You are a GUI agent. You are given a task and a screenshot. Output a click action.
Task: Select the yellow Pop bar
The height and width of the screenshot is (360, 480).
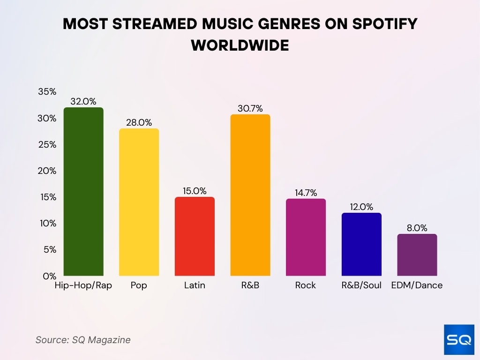139,202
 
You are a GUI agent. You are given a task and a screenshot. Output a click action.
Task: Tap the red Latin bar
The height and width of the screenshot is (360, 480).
195,236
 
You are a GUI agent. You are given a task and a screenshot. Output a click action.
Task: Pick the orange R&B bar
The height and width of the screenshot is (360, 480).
250,195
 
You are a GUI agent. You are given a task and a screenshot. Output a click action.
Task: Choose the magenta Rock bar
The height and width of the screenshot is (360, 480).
306,237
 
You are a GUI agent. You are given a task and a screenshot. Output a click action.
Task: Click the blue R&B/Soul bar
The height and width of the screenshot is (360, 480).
361,244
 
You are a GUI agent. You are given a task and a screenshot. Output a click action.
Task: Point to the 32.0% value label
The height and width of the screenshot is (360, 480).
83,101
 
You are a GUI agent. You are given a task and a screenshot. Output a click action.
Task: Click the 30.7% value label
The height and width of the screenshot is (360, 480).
250,108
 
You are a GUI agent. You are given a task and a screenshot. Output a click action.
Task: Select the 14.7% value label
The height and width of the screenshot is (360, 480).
306,192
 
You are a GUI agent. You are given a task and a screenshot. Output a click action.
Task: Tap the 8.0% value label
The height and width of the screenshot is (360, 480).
417,228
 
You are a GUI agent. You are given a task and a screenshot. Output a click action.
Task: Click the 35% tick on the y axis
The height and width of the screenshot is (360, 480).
47,92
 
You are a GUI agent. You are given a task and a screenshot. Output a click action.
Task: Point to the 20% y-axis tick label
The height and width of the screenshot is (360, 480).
47,171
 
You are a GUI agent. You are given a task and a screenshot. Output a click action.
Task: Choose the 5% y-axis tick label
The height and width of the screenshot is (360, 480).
50,249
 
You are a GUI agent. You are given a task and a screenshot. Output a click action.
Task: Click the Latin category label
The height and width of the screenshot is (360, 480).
195,285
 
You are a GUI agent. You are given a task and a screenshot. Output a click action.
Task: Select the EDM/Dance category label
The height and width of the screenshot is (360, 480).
417,285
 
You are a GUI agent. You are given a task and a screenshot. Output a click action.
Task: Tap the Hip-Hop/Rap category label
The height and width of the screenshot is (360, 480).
83,285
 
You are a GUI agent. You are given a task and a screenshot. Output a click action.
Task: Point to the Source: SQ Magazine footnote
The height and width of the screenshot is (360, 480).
83,340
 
